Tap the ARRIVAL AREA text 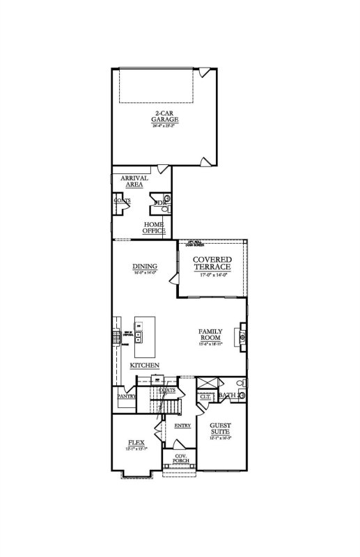coord(134,181)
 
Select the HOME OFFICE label coord(153,228)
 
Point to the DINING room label coord(144,266)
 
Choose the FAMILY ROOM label coord(210,334)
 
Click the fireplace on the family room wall coord(242,334)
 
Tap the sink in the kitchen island coord(139,338)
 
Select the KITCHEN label coord(145,366)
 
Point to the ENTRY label coord(182,425)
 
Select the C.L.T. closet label coord(205,395)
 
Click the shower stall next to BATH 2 coord(206,384)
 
